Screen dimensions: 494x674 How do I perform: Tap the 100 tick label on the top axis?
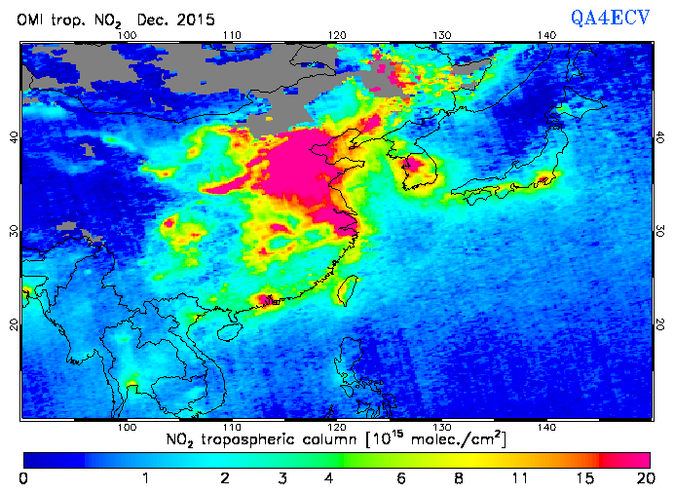click(126, 35)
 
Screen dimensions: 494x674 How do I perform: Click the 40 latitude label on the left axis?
click(14, 137)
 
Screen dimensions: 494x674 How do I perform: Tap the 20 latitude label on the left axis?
click(14, 323)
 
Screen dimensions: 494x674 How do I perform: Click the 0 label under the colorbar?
click(23, 478)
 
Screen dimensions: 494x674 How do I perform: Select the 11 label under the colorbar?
click(522, 478)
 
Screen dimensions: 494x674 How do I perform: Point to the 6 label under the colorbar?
click(398, 478)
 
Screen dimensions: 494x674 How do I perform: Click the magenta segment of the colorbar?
click(628, 458)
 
